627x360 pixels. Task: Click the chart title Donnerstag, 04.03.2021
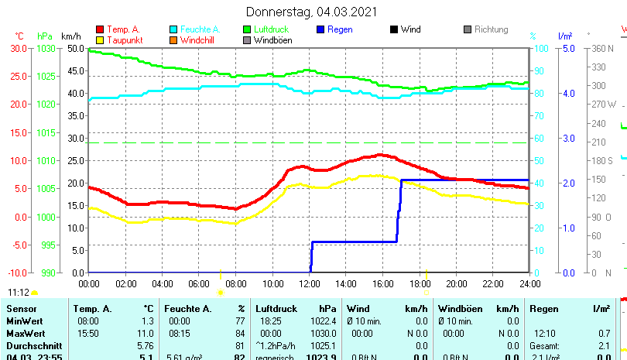pos(312,12)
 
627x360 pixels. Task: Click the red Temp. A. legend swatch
pos(99,29)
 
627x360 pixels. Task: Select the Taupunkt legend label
pos(124,40)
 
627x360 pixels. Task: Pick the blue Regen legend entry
pos(341,29)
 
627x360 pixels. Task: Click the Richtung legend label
pos(492,29)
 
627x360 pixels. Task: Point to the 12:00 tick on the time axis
pos(310,283)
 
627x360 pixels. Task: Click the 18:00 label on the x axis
pos(420,283)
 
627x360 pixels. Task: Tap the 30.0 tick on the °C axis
pos(19,48)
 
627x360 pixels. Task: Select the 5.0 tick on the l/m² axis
pos(568,48)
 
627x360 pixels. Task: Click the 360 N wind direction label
pos(603,48)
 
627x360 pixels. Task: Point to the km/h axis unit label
pos(71,36)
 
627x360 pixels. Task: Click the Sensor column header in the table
pos(21,309)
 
